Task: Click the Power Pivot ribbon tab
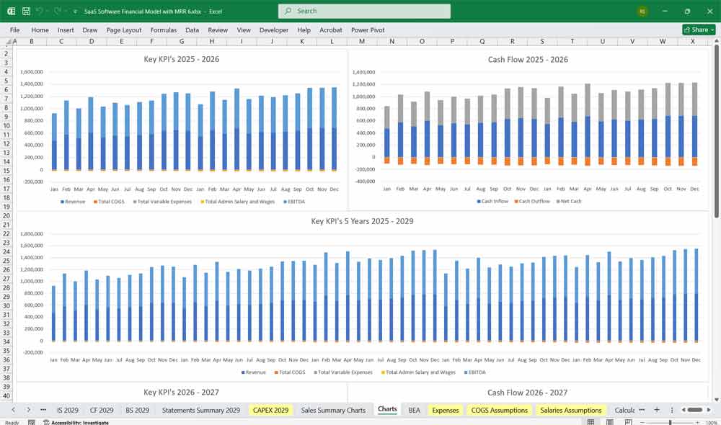368,30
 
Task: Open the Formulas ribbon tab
163,30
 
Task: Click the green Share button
699,30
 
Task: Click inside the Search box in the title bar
364,11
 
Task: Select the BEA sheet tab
414,410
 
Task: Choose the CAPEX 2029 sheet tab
270,410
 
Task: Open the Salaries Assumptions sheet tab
571,410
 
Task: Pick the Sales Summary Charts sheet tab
333,410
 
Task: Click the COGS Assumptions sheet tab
499,410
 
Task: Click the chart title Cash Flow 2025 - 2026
528,59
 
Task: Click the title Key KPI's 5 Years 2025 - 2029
362,221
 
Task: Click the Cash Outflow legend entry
531,201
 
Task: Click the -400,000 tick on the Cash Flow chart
364,182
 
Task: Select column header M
362,41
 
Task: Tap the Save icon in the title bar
26,11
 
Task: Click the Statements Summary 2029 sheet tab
201,410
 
